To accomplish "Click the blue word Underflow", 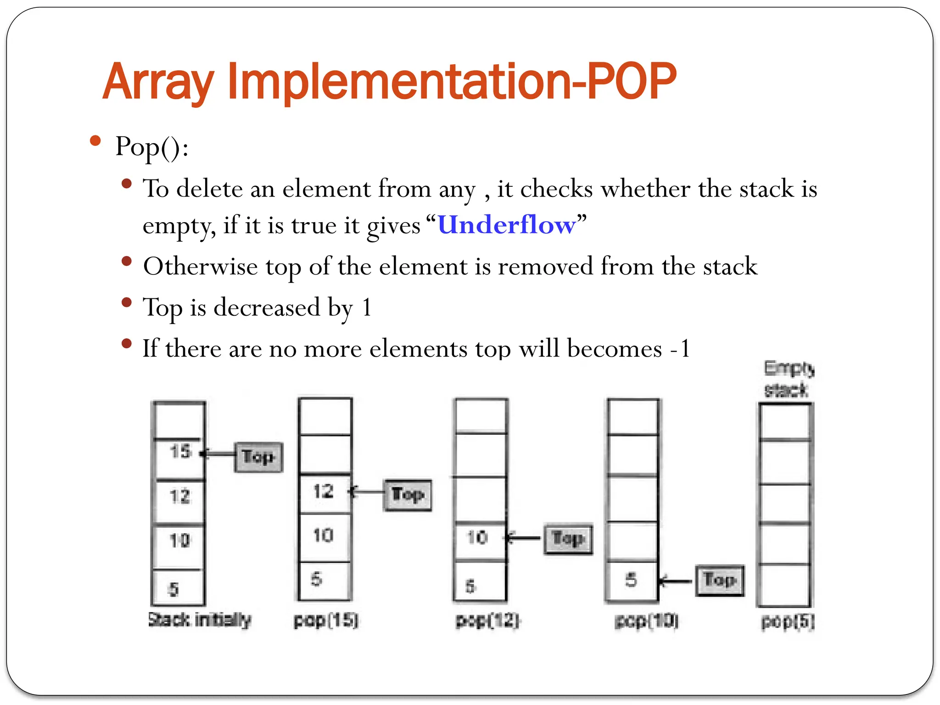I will point(507,225).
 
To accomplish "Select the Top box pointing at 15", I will point(258,457).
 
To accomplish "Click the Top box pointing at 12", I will point(407,495).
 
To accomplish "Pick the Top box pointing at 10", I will point(568,539).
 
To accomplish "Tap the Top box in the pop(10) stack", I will point(719,581).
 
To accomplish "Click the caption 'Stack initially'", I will point(200,620).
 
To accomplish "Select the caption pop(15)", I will point(326,621).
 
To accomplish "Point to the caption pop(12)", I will point(487,621).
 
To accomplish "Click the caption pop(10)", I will point(646,621).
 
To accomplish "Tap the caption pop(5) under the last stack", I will point(788,622).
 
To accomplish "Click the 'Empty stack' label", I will point(788,379).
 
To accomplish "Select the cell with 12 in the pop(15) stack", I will point(324,492).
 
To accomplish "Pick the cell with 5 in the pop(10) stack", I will point(632,581).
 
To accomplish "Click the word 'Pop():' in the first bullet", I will point(151,147).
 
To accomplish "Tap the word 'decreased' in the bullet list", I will point(267,308).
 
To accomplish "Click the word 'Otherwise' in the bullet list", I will point(200,267).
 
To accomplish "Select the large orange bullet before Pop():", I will point(95,140).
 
